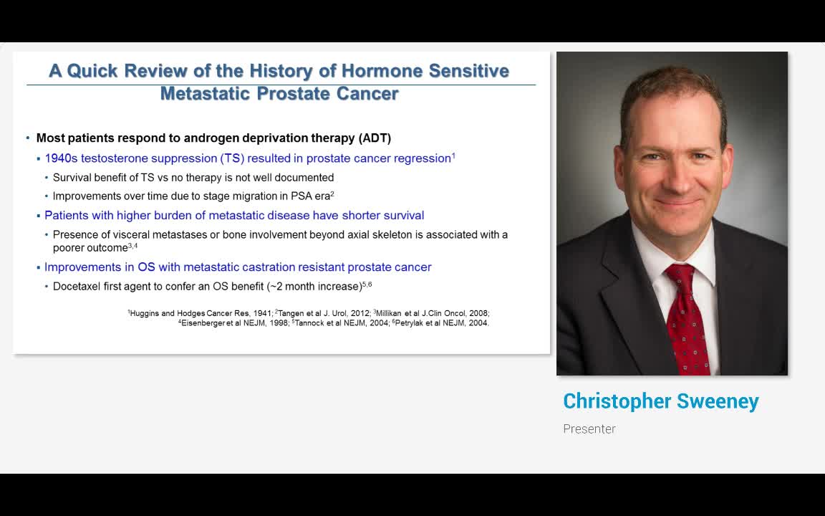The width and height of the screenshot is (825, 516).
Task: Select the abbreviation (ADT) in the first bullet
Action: [375, 138]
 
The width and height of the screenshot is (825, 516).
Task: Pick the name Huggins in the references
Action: [144, 313]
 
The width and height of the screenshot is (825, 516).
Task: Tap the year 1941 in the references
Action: [262, 312]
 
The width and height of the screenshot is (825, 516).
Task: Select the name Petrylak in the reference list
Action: [410, 322]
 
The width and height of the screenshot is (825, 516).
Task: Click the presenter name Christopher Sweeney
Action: [661, 401]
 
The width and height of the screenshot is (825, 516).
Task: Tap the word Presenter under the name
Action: [589, 429]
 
